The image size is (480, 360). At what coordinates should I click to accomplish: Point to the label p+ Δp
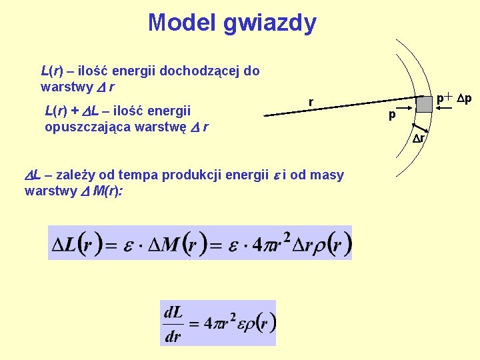pyautogui.click(x=453, y=99)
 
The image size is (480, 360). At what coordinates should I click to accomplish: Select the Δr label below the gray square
pyautogui.click(x=419, y=139)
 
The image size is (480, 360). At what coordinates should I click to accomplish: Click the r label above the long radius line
pyautogui.click(x=311, y=102)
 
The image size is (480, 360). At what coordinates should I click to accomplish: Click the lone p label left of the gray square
pyautogui.click(x=393, y=115)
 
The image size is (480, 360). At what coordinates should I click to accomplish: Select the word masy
pyautogui.click(x=328, y=175)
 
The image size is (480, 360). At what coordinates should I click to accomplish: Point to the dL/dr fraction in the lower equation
pyautogui.click(x=173, y=323)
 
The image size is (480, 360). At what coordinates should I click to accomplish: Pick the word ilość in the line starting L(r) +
pyautogui.click(x=126, y=110)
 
